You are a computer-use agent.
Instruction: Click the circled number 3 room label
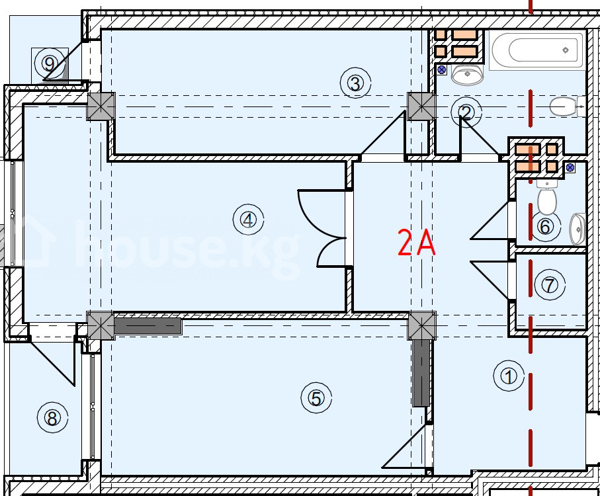tap(355, 83)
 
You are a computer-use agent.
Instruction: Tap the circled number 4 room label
tap(248, 220)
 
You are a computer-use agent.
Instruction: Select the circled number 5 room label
tap(316, 399)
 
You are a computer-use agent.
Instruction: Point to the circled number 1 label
tap(509, 376)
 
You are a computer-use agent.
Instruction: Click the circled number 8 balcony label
tap(52, 417)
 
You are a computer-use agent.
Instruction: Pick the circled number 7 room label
tap(550, 285)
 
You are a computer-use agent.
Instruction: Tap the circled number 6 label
tap(545, 226)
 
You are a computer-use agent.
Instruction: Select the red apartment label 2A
tap(416, 242)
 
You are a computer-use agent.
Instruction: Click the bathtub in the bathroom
tap(538, 50)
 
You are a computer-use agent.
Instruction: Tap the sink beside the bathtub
tap(466, 74)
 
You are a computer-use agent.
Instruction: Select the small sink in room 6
tap(578, 229)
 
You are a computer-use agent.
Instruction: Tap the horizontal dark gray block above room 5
tap(148, 326)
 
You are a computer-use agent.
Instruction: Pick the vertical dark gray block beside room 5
tap(421, 373)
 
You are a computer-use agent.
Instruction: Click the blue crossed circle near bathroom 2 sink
tap(442, 69)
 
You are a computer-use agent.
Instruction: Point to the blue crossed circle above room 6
tap(570, 167)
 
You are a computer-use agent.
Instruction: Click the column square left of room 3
tap(101, 106)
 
